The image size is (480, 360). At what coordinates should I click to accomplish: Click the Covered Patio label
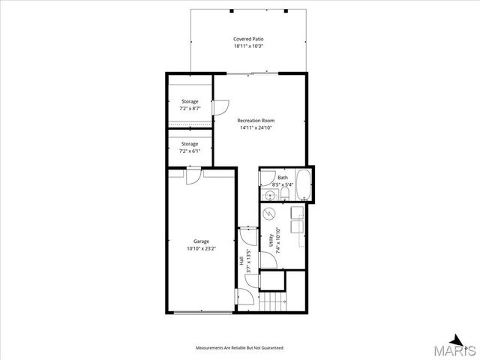point(248,38)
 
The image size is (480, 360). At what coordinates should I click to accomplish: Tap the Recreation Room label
point(256,121)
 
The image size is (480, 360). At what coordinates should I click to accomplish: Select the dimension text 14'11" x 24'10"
point(256,128)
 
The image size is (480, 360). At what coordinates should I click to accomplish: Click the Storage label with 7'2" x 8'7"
point(190,100)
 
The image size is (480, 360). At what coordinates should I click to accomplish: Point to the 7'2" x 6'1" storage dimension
point(190,151)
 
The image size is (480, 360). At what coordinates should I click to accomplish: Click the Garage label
point(201,241)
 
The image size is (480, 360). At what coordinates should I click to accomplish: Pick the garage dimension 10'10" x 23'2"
point(201,249)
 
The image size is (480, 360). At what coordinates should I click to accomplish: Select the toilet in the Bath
point(285,196)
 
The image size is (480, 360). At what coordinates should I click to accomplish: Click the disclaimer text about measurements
point(240,348)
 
